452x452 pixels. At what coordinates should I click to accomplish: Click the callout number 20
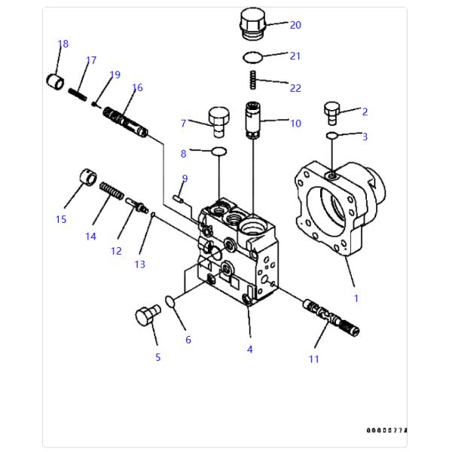[295, 25]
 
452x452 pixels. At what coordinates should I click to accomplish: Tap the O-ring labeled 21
[253, 57]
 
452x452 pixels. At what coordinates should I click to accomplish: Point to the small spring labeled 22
[254, 78]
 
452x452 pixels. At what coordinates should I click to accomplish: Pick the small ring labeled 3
[332, 136]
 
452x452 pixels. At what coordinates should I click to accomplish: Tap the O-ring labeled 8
[218, 152]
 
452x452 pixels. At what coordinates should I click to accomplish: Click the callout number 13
[140, 264]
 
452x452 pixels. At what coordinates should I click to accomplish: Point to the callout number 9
[185, 179]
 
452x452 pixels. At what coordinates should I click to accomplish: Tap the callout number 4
[249, 350]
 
